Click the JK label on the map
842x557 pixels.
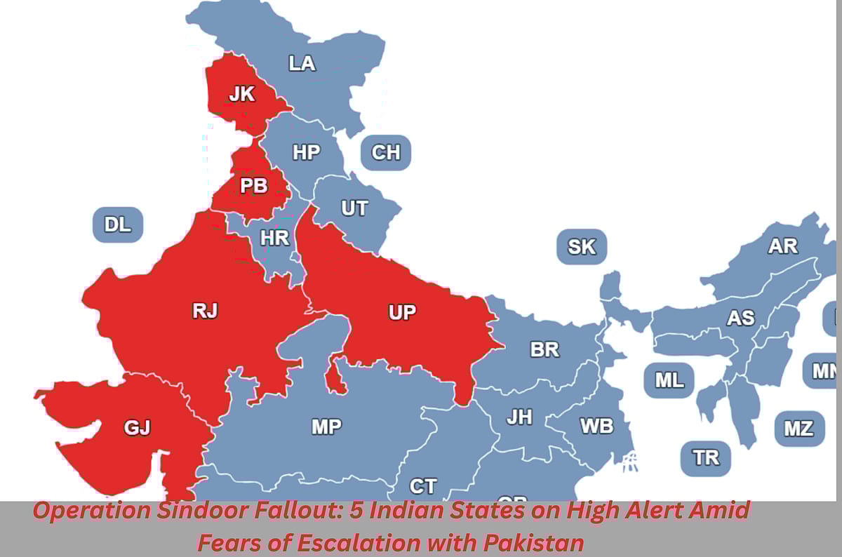[x=242, y=94]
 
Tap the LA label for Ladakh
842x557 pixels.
[x=302, y=64]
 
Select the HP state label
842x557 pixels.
[x=306, y=152]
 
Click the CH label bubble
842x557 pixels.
[x=385, y=152]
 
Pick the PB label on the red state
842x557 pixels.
[x=253, y=187]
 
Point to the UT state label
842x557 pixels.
[x=354, y=208]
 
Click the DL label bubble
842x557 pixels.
[x=118, y=224]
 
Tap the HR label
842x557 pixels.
[x=274, y=239]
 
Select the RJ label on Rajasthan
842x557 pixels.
[x=205, y=311]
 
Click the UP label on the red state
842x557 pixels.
[x=402, y=312]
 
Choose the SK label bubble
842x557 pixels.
[x=581, y=247]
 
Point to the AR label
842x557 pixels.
[x=782, y=246]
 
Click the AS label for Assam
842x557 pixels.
[x=740, y=318]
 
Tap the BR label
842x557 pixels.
[x=544, y=349]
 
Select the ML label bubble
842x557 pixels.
[x=669, y=380]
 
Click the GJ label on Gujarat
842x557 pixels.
[x=137, y=427]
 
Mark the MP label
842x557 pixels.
[x=326, y=426]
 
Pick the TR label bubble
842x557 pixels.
[x=706, y=458]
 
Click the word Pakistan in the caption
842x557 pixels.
[x=533, y=542]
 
